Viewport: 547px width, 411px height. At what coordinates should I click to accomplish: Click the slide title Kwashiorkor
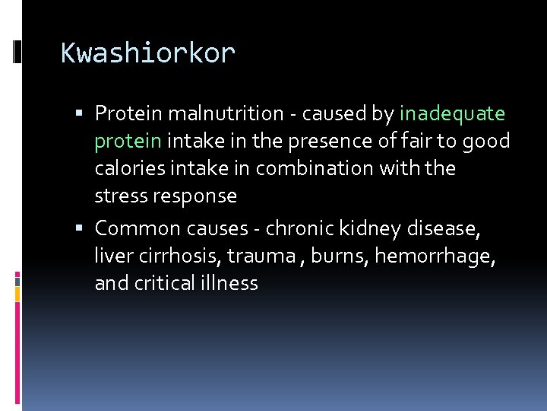tap(148, 53)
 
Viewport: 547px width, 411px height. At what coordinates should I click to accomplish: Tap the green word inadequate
tap(452, 114)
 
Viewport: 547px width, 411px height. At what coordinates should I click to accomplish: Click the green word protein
tap(128, 142)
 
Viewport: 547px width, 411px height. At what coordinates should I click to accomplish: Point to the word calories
tap(127, 168)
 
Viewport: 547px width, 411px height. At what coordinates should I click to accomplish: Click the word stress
tap(119, 196)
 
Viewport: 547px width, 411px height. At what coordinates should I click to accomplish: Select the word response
tap(194, 196)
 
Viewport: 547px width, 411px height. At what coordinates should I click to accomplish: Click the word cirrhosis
tap(175, 256)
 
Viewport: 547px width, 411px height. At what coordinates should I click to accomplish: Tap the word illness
tap(230, 284)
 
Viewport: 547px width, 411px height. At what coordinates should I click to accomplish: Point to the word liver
tap(111, 256)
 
